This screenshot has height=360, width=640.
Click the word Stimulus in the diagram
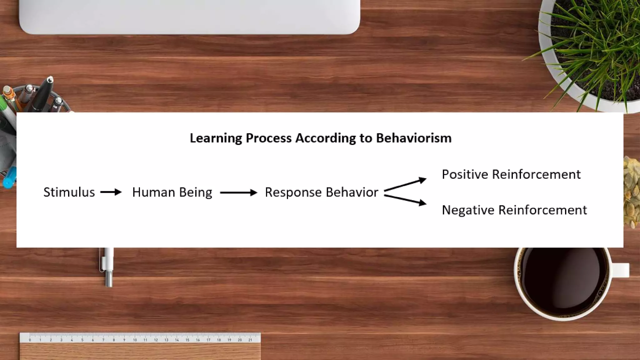(69, 192)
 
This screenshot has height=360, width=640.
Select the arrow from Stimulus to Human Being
(111, 192)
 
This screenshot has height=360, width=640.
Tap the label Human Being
(172, 192)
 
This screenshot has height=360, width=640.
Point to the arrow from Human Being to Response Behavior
(238, 193)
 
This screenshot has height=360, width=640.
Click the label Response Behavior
(321, 192)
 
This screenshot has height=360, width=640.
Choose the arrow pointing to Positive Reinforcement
(405, 184)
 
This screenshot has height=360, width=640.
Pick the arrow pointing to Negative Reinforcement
(405, 200)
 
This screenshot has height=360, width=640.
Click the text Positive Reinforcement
(511, 174)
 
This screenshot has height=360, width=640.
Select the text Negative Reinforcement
(514, 210)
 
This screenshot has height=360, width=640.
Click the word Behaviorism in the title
(413, 138)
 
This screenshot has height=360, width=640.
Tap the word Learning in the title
(216, 138)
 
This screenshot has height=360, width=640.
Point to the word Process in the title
(268, 138)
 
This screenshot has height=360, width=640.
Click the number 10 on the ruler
(135, 340)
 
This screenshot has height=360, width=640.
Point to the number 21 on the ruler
(250, 340)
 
